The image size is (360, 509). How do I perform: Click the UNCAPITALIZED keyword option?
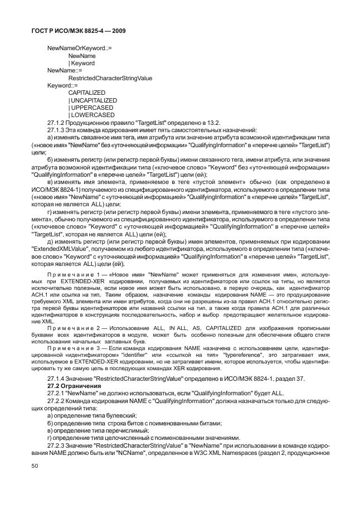[x=93, y=100]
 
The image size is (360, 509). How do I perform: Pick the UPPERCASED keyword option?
[x=91, y=108]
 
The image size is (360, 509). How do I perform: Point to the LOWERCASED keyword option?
[x=91, y=115]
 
